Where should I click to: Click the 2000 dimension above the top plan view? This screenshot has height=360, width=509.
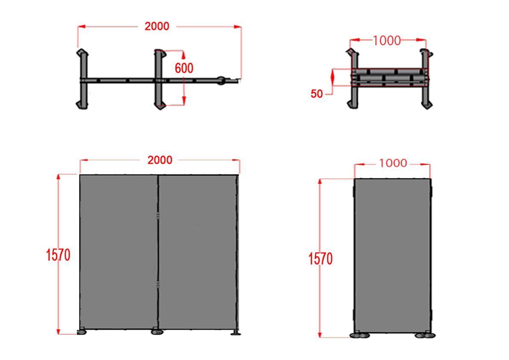(157, 27)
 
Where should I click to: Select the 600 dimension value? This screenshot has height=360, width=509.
(184, 68)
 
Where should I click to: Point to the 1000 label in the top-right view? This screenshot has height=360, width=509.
(387, 41)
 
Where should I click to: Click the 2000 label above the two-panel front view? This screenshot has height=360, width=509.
(160, 160)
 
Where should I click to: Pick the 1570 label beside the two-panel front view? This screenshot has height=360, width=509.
(58, 255)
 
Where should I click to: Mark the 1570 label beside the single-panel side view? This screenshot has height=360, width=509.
(321, 259)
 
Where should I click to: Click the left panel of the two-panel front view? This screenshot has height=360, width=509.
(118, 252)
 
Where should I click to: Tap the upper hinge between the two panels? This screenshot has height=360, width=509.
(158, 215)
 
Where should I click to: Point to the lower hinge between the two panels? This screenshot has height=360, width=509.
(158, 284)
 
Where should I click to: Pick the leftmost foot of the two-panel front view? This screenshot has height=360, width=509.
(81, 331)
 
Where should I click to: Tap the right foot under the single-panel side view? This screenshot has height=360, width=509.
(424, 335)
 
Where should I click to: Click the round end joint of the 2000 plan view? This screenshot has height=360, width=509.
(222, 80)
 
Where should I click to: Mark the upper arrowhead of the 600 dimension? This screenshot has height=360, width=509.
(184, 54)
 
